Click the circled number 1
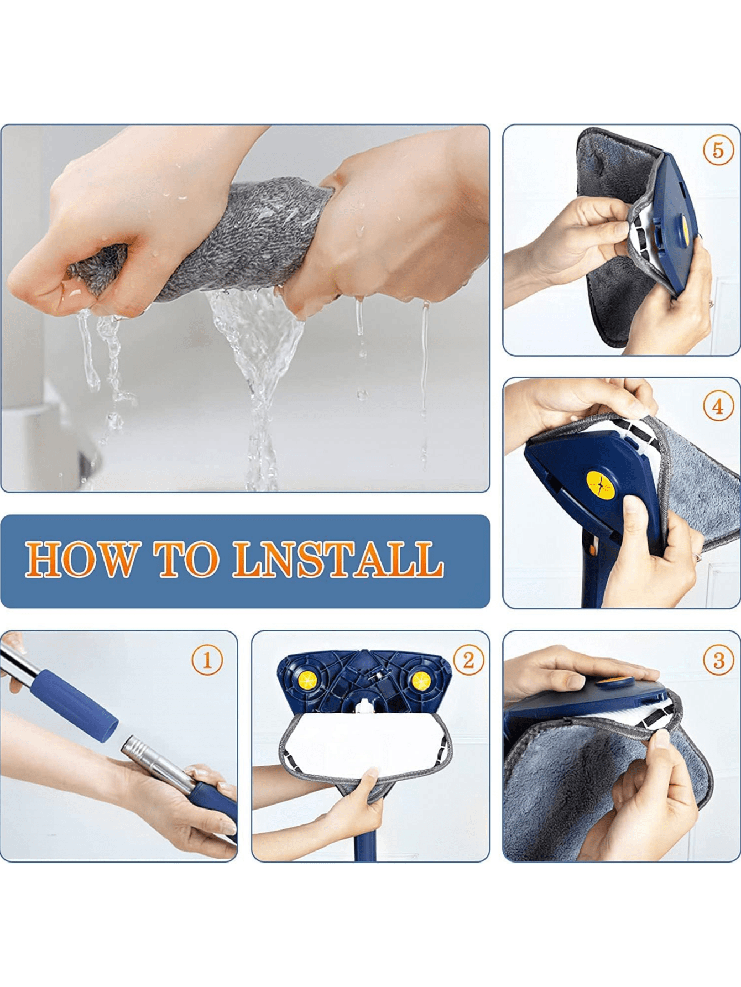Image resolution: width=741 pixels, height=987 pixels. click(207, 660)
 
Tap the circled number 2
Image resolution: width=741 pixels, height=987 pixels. click(468, 660)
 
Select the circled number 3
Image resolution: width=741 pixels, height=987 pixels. click(718, 660)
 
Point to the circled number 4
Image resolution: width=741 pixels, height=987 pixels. click(718, 406)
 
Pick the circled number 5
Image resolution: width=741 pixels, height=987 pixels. click(718, 150)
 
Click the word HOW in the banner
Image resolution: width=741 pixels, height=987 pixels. click(80, 560)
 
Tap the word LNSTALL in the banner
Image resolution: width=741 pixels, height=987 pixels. click(338, 560)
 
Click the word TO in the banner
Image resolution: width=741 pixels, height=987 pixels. click(186, 560)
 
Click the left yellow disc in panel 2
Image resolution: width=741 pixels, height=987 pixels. click(307, 681)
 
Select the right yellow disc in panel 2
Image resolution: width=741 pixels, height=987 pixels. click(421, 681)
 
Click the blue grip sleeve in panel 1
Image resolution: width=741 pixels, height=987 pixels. click(75, 700)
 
